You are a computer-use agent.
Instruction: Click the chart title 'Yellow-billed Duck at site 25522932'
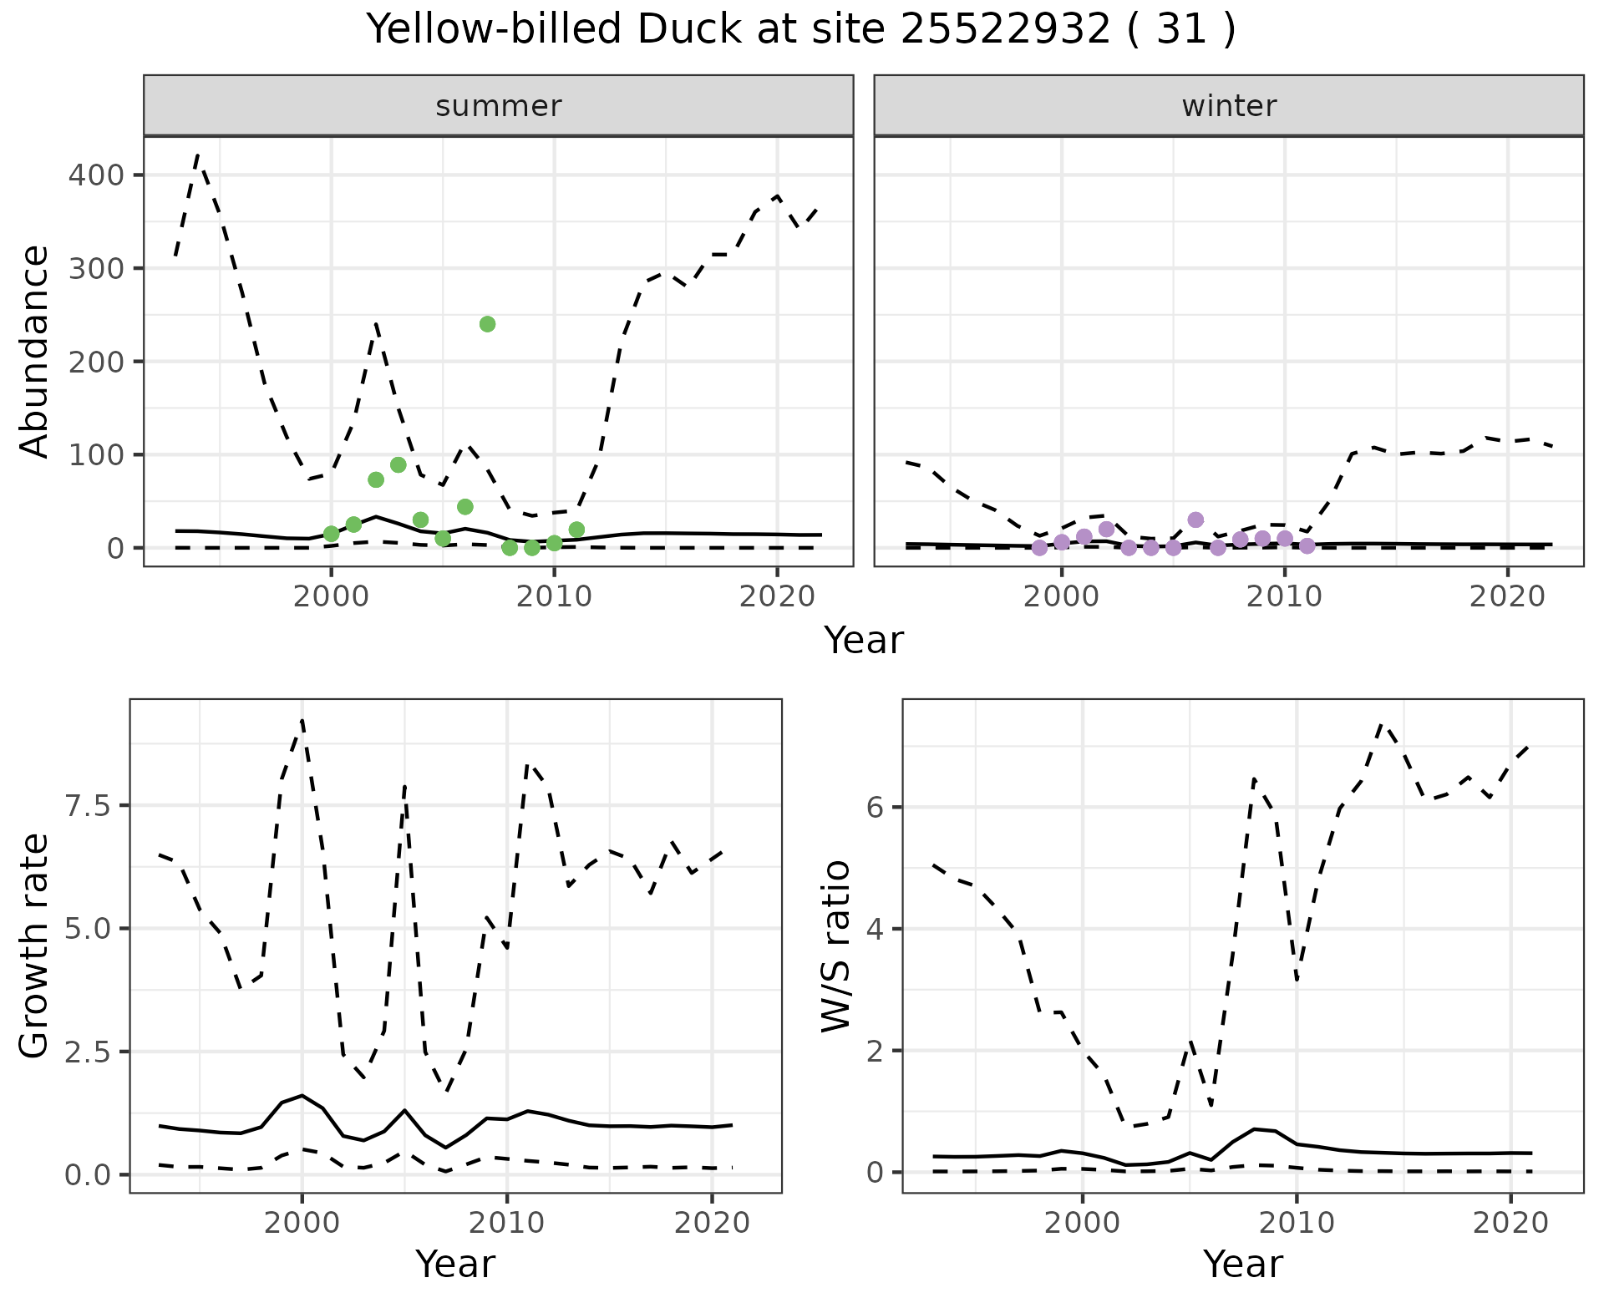click(x=800, y=30)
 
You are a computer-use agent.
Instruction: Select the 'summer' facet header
click(x=498, y=106)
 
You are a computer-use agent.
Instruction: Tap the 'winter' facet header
click(x=1228, y=106)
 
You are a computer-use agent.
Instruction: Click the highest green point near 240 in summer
click(x=487, y=324)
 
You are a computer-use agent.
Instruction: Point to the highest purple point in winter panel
click(x=1195, y=520)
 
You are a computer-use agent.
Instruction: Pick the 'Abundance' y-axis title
click(x=34, y=352)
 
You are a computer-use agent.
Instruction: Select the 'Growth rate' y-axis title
click(x=34, y=946)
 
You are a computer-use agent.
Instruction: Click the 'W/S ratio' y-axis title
click(x=835, y=946)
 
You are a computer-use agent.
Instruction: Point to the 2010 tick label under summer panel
click(x=553, y=597)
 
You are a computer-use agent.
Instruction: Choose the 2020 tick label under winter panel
click(x=1508, y=597)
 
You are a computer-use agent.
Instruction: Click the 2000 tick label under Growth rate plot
click(x=302, y=1223)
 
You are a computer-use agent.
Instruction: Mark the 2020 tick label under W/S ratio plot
click(x=1510, y=1223)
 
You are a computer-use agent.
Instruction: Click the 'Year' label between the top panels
click(x=864, y=641)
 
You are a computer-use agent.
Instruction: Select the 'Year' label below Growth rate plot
click(x=455, y=1265)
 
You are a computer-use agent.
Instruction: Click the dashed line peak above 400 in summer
click(x=197, y=155)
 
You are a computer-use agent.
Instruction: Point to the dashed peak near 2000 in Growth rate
click(x=302, y=720)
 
